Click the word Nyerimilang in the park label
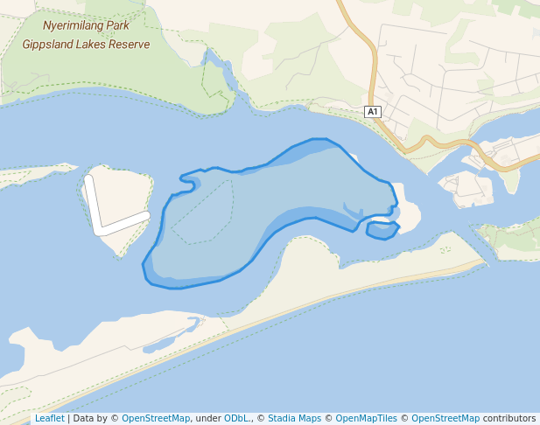click(73, 25)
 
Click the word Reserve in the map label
click(129, 44)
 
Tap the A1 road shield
click(373, 111)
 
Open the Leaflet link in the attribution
click(49, 418)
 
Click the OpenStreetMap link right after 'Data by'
click(156, 418)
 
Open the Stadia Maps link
click(295, 418)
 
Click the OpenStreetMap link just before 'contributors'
click(445, 418)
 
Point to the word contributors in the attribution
click(508, 418)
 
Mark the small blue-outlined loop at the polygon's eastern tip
click(382, 230)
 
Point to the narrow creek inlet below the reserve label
click(219, 74)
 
